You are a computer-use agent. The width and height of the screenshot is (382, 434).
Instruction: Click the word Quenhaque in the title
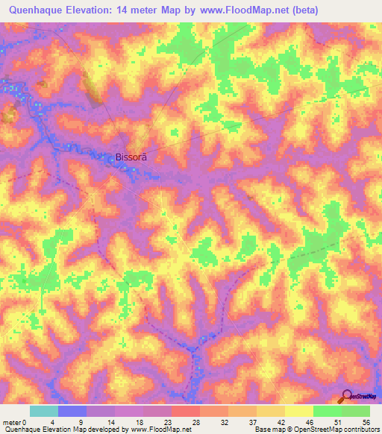coord(37,10)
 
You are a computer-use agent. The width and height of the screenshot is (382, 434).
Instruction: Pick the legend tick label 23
coord(169,422)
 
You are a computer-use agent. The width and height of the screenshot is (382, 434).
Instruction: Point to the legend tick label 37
coord(254,422)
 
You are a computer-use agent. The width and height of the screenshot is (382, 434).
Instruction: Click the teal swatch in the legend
coord(44,412)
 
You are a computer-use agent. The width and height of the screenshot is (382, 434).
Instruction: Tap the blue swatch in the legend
coord(72,412)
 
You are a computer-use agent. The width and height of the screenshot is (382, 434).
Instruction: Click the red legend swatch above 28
coord(186,412)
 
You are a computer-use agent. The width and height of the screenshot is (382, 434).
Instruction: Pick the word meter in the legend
coord(12,422)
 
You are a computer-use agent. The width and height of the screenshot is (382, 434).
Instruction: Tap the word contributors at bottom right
coord(360,430)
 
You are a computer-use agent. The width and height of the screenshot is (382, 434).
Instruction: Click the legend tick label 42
coord(283,422)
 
